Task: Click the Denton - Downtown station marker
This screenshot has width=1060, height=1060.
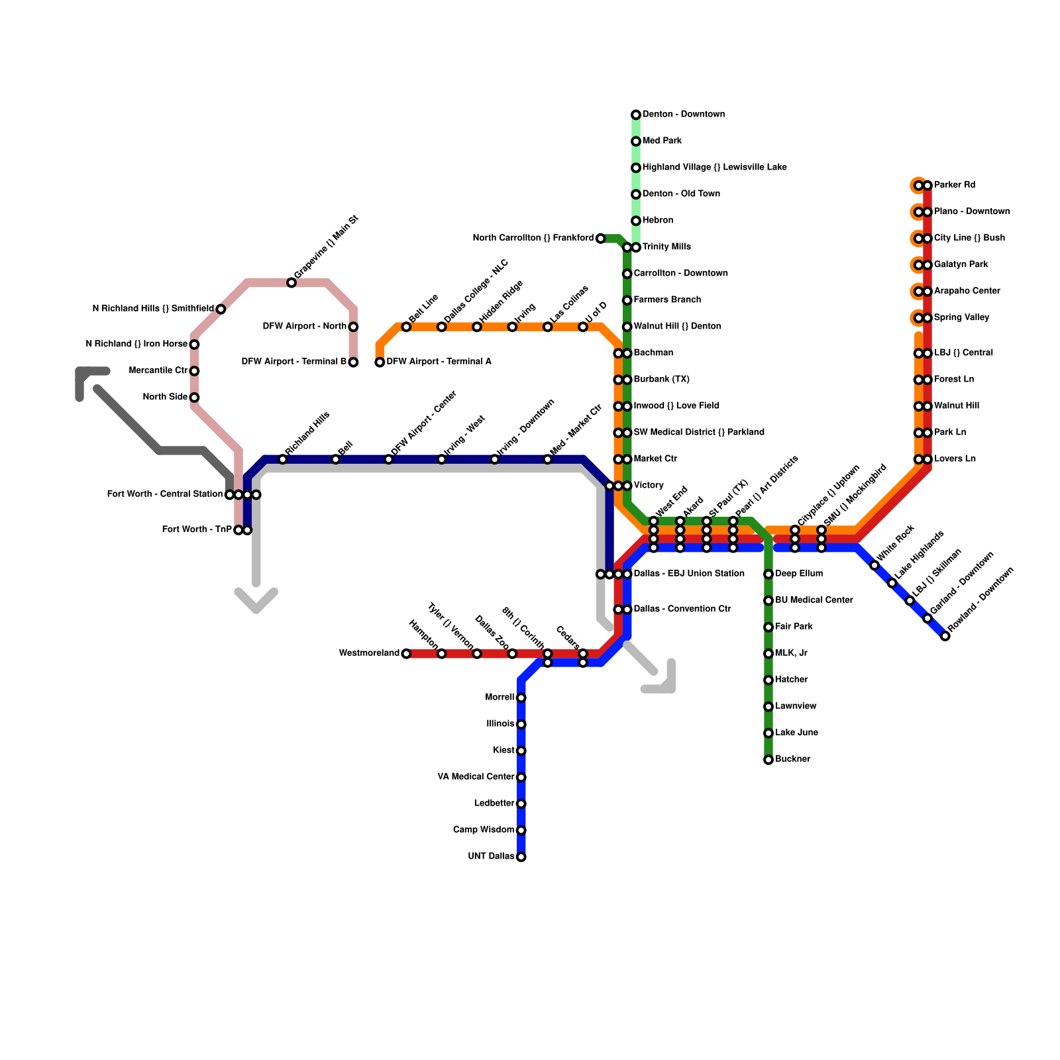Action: tap(636, 115)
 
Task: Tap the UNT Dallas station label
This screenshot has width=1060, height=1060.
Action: tap(490, 857)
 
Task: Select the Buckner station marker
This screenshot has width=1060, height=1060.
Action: tap(768, 760)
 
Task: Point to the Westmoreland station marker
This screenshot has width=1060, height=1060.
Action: tap(406, 654)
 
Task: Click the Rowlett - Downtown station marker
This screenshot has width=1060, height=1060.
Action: tap(945, 636)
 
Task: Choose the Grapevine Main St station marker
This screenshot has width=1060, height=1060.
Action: tap(291, 283)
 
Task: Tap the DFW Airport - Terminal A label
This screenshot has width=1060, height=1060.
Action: tap(439, 362)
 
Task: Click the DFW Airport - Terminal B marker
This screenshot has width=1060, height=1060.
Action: tap(353, 362)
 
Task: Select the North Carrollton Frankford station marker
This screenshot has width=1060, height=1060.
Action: tap(600, 238)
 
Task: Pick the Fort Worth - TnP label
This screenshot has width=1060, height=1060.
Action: tap(197, 530)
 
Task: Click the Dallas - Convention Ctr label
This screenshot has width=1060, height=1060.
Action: tap(682, 609)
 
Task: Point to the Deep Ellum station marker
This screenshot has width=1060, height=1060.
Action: tap(768, 574)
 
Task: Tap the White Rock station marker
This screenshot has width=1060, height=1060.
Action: tap(874, 565)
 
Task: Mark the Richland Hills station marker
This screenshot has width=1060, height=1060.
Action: tap(283, 460)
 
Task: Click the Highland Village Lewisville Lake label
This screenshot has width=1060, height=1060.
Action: tap(715, 168)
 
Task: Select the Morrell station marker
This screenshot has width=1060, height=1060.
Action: tap(521, 698)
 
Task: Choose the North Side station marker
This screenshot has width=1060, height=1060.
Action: tap(194, 397)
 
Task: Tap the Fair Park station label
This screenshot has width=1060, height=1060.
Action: tap(794, 627)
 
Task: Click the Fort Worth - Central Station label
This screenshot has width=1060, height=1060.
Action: tap(165, 494)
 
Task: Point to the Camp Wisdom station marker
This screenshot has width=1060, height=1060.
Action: tap(521, 830)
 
